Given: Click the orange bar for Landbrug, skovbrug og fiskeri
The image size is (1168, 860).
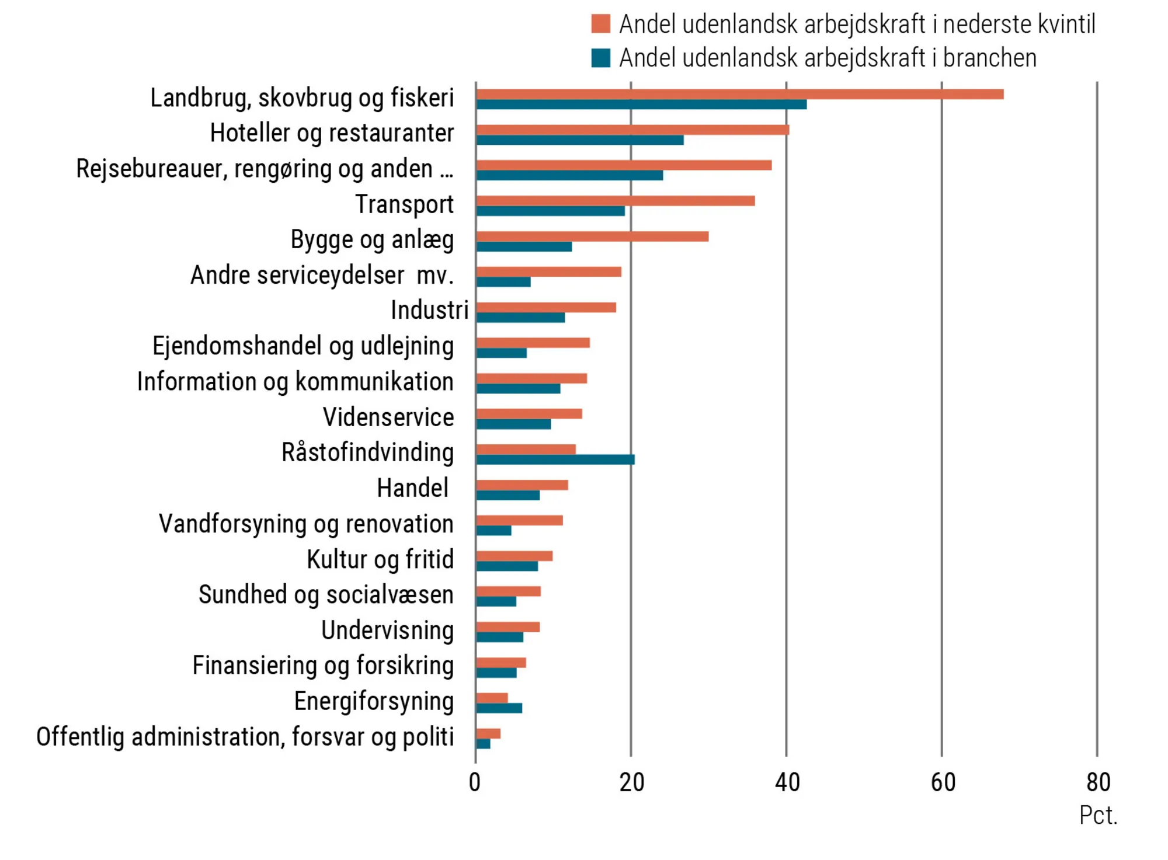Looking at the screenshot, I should coord(739,94).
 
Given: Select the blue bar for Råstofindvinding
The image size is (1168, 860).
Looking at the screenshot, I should coord(555,459).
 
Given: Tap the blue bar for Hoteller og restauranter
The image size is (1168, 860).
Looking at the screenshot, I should coord(579,140).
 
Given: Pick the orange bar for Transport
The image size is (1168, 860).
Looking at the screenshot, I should coord(615,201).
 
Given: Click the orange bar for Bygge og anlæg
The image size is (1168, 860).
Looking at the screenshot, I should coord(592,236).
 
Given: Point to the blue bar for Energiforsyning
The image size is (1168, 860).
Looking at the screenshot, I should coord(499,708).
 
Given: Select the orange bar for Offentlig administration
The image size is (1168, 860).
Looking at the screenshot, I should coord(488,733).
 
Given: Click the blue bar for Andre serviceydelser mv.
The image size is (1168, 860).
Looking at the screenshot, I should coord(503,282).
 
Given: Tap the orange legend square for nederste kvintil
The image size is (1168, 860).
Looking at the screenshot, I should coord(600,24).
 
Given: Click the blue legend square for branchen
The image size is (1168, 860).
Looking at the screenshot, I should coord(600,58).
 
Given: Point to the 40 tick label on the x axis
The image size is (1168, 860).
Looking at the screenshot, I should coord(787,782).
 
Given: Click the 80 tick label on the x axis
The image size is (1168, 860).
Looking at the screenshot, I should coord(1098,782).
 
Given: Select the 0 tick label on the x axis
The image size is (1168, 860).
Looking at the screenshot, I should coord(475,782).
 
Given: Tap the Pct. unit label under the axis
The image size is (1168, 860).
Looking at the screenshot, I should coord(1098,816).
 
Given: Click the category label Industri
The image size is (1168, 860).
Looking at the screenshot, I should coord(429,310).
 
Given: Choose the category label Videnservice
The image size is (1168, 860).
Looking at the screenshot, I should coord(388,417).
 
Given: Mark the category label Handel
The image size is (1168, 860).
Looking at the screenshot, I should coord(412,488).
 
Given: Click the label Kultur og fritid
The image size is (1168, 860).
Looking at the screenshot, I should coord(380,559).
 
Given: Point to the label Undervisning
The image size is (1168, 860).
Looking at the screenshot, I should coord(387,631).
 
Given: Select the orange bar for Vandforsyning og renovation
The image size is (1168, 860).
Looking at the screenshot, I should coord(519,520).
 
